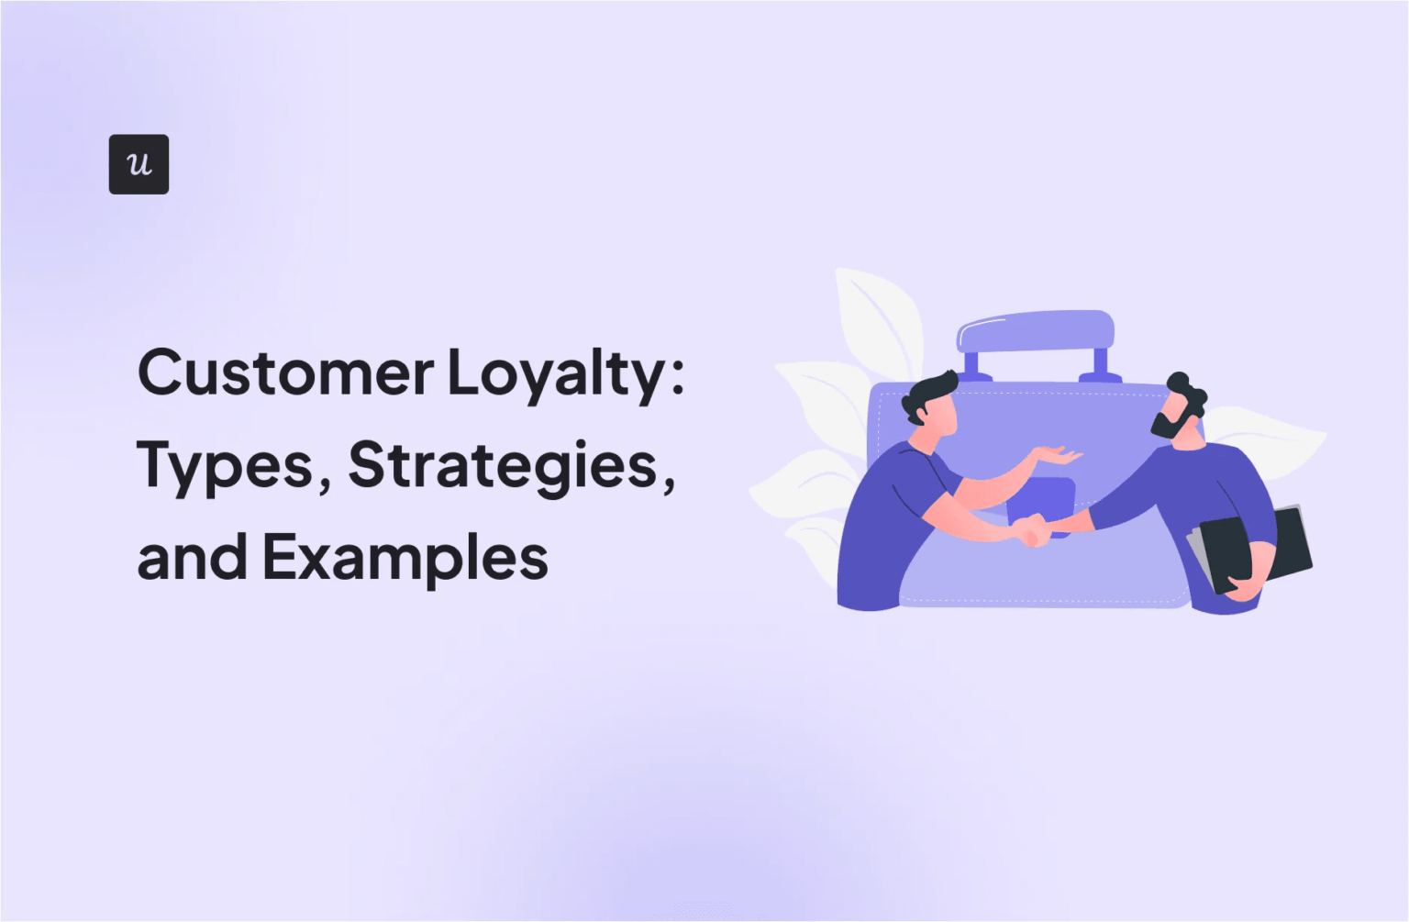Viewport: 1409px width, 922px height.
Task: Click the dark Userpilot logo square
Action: (x=139, y=164)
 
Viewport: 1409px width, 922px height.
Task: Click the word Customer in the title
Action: (x=285, y=372)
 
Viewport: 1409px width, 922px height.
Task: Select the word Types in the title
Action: (x=226, y=466)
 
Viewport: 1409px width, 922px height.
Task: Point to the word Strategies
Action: (x=503, y=466)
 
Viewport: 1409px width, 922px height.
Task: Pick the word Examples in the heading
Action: (x=405, y=558)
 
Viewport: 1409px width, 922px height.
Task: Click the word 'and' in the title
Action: (x=192, y=558)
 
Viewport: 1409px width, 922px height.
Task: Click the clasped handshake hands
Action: (x=1033, y=530)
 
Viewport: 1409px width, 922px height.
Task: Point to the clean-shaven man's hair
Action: (x=928, y=393)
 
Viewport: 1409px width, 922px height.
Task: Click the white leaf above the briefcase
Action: (x=877, y=317)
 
